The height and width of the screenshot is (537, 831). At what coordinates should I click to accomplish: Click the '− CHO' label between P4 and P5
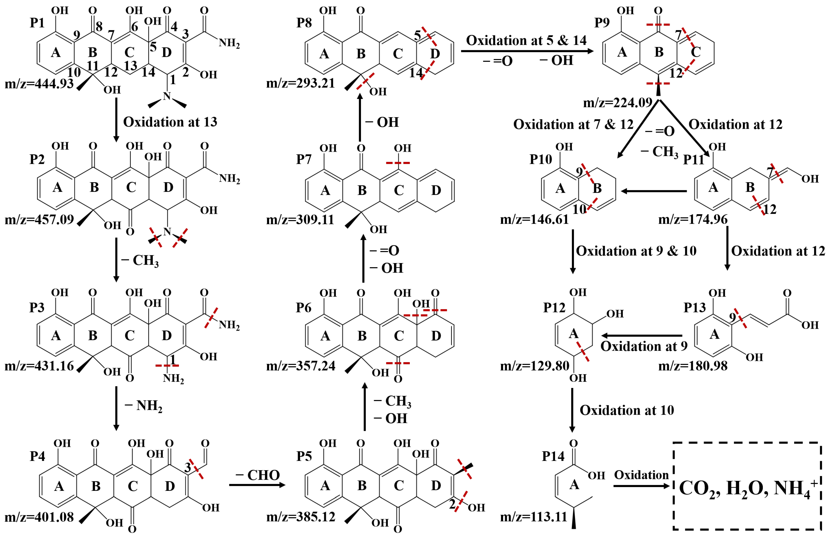coord(257,475)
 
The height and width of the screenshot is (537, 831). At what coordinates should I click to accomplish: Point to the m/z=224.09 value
coord(617,103)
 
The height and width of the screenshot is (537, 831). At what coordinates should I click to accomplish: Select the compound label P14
coord(553,456)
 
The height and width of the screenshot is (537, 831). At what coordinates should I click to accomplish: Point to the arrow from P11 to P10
coord(654,191)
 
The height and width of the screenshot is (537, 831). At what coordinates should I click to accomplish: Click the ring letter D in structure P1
coord(167,52)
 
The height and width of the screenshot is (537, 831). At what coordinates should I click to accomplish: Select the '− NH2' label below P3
coord(143,406)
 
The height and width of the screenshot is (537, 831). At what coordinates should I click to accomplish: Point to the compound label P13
coord(694,307)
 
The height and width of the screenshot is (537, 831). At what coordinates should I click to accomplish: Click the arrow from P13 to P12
coord(642,335)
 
